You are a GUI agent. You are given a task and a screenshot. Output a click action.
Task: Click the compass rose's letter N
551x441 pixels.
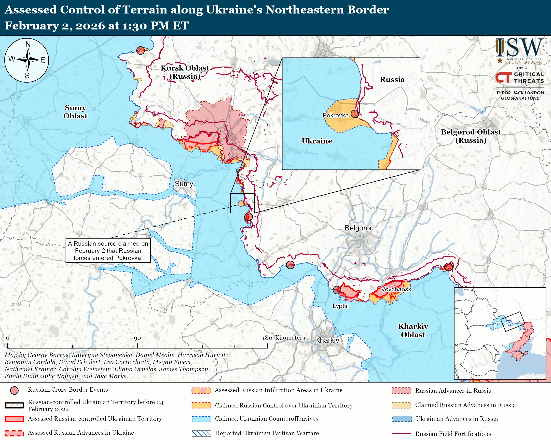click(28, 44)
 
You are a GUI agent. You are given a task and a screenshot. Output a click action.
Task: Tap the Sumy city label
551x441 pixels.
click(184, 184)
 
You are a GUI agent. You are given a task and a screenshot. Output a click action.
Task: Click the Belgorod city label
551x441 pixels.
click(359, 228)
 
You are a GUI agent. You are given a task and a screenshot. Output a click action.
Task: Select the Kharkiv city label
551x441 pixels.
click(327, 340)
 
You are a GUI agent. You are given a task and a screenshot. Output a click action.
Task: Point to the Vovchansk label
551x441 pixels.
click(396, 289)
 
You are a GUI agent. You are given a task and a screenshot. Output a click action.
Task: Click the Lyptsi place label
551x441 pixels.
click(340, 306)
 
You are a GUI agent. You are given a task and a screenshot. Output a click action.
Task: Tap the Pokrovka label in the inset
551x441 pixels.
click(336, 115)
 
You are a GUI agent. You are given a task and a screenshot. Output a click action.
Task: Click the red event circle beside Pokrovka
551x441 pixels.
click(355, 114)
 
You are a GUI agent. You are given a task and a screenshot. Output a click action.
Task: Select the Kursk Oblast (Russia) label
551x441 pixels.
click(185, 72)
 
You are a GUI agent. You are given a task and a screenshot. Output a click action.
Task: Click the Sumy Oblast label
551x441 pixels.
click(75, 112)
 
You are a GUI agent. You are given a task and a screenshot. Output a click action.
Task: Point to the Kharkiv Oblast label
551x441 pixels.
click(413, 330)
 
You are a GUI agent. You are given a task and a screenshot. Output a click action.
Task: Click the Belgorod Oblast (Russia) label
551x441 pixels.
click(471, 136)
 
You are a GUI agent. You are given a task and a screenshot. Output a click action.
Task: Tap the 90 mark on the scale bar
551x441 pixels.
click(137, 338)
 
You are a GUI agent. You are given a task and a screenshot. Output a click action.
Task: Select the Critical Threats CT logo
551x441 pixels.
click(503, 77)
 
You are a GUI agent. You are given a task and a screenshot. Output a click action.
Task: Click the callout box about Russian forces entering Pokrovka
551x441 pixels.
click(108, 251)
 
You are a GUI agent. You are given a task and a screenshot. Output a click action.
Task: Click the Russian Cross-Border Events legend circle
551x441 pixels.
click(14, 390)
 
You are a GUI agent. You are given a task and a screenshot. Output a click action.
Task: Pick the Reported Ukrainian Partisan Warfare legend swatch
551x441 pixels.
click(201, 433)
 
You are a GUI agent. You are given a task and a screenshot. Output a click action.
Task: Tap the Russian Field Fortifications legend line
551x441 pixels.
click(401, 434)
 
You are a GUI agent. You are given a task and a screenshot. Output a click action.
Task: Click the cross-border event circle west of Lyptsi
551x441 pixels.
click(337, 290)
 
